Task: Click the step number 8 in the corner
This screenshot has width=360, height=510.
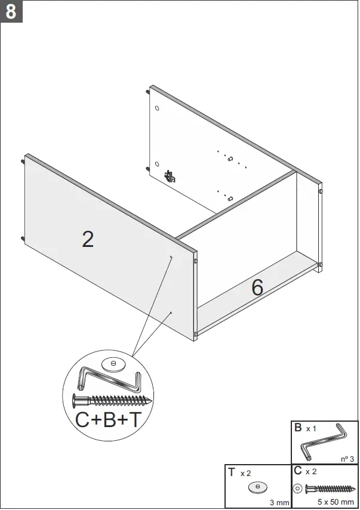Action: click(x=11, y=11)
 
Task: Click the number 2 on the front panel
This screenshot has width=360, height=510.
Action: click(x=88, y=239)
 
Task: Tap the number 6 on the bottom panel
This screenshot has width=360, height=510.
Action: click(x=257, y=288)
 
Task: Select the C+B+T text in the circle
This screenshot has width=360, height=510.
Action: click(x=109, y=419)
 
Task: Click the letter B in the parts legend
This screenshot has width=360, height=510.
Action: click(x=298, y=428)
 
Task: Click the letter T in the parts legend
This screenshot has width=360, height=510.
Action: click(x=231, y=472)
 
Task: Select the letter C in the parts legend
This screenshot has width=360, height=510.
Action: click(x=298, y=471)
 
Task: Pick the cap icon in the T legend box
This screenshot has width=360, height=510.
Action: click(x=257, y=487)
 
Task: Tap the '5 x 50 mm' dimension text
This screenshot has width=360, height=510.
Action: click(x=336, y=502)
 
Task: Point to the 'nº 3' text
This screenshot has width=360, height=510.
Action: click(x=347, y=459)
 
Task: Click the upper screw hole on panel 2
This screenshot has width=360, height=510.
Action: click(x=171, y=258)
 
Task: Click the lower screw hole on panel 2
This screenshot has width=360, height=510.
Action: click(x=171, y=312)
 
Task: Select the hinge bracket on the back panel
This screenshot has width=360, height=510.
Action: click(x=171, y=176)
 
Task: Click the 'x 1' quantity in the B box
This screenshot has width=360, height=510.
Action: click(x=312, y=429)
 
